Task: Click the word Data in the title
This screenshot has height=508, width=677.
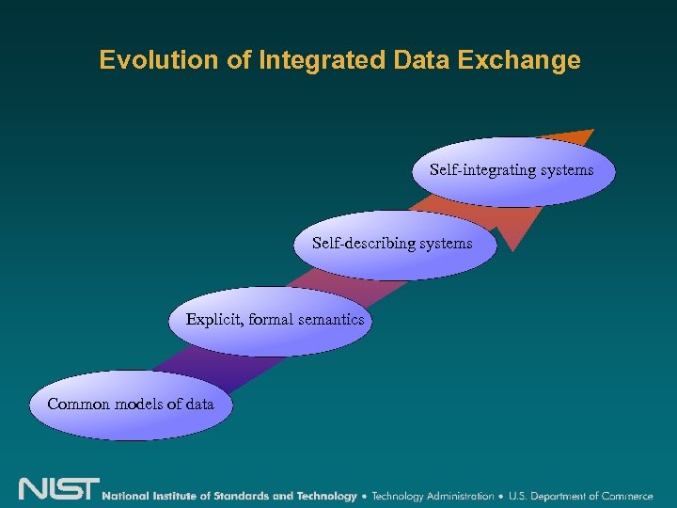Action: [414, 61]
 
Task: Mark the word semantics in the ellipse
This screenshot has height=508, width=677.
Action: [330, 320]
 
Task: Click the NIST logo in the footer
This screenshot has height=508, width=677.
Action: [58, 490]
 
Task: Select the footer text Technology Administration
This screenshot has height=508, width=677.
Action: [433, 496]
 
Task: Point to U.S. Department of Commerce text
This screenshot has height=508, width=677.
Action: [580, 496]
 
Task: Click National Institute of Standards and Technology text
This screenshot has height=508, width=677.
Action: [229, 496]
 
